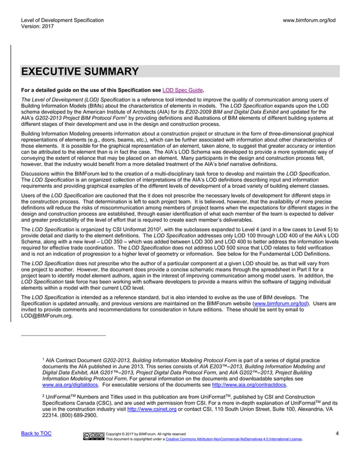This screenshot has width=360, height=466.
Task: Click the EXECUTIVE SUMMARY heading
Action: coord(80,72)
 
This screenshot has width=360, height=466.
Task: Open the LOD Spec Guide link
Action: coord(182,90)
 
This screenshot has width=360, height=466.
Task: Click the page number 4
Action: coord(336,433)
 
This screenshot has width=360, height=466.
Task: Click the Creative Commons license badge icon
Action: coord(93,436)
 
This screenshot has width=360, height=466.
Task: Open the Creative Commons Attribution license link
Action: coord(233,439)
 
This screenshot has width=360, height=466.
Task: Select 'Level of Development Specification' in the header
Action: coord(62,20)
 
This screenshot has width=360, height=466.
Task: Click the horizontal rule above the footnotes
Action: coord(63,335)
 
